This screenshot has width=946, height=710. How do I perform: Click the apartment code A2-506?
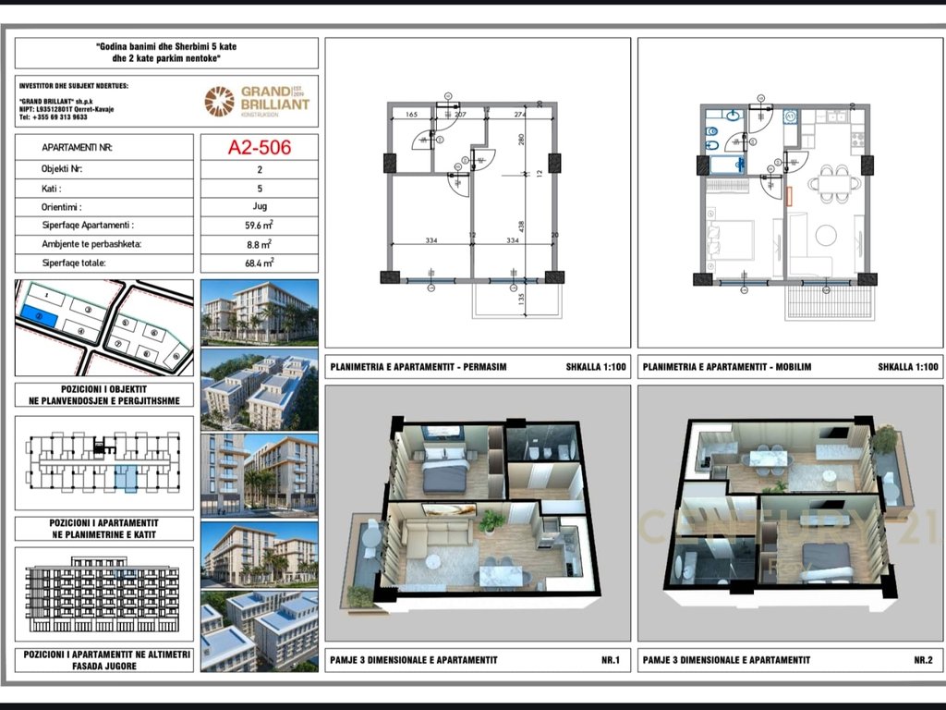259,146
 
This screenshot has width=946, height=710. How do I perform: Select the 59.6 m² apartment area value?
259,225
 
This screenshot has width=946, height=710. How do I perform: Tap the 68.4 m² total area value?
259,263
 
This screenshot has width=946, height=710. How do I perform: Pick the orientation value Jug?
259,206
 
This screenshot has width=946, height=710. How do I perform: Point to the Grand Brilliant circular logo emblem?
220,101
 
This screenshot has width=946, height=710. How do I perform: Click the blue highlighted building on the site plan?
38,317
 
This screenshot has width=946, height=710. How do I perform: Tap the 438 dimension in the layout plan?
521,225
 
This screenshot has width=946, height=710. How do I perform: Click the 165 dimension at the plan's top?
412,114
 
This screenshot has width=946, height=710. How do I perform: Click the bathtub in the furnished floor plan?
728,165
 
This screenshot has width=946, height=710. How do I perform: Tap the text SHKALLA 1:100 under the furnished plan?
908,367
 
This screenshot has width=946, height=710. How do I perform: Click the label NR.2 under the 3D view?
922,659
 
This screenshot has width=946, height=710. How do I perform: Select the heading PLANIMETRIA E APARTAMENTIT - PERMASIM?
418,367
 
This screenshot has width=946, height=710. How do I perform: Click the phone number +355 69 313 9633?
54,117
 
